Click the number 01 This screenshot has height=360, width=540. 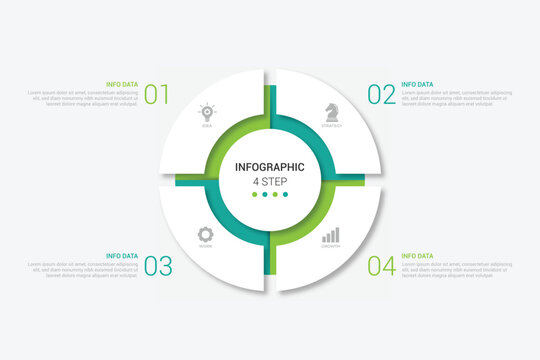point(157,95)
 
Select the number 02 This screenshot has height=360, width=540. point(381,95)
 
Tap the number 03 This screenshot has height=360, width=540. point(158,266)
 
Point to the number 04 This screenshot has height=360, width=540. point(381,266)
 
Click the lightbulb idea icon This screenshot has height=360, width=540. point(207,112)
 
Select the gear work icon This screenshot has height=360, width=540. point(206,232)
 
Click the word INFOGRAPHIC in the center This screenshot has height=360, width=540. point(270,167)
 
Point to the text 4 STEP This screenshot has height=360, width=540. point(270,181)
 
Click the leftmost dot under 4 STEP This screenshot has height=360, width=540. point(255,195)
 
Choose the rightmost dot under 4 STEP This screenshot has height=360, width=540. point(286,195)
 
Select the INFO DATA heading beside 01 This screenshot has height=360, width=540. point(123,84)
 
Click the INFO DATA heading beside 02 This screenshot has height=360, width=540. point(417,84)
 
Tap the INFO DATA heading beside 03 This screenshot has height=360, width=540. point(122,256)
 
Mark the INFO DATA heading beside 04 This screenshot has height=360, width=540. point(417,256)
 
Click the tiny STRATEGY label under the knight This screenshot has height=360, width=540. point(331,126)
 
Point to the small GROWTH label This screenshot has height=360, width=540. point(330,246)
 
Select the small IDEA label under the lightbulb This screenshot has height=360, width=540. point(207,126)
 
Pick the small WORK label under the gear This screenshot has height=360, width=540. point(206,246)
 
